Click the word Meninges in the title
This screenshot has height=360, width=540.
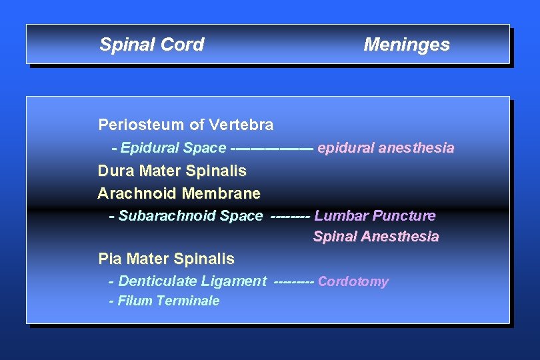406,45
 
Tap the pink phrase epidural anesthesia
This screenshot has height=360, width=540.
386,148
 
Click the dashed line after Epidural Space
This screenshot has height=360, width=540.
271,148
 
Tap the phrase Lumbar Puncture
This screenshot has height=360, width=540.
375,216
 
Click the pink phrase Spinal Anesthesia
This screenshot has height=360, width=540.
376,237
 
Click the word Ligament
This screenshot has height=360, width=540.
233,281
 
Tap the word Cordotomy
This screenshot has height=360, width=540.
353,281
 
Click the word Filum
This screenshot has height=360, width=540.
133,301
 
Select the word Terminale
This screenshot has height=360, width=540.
189,301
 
